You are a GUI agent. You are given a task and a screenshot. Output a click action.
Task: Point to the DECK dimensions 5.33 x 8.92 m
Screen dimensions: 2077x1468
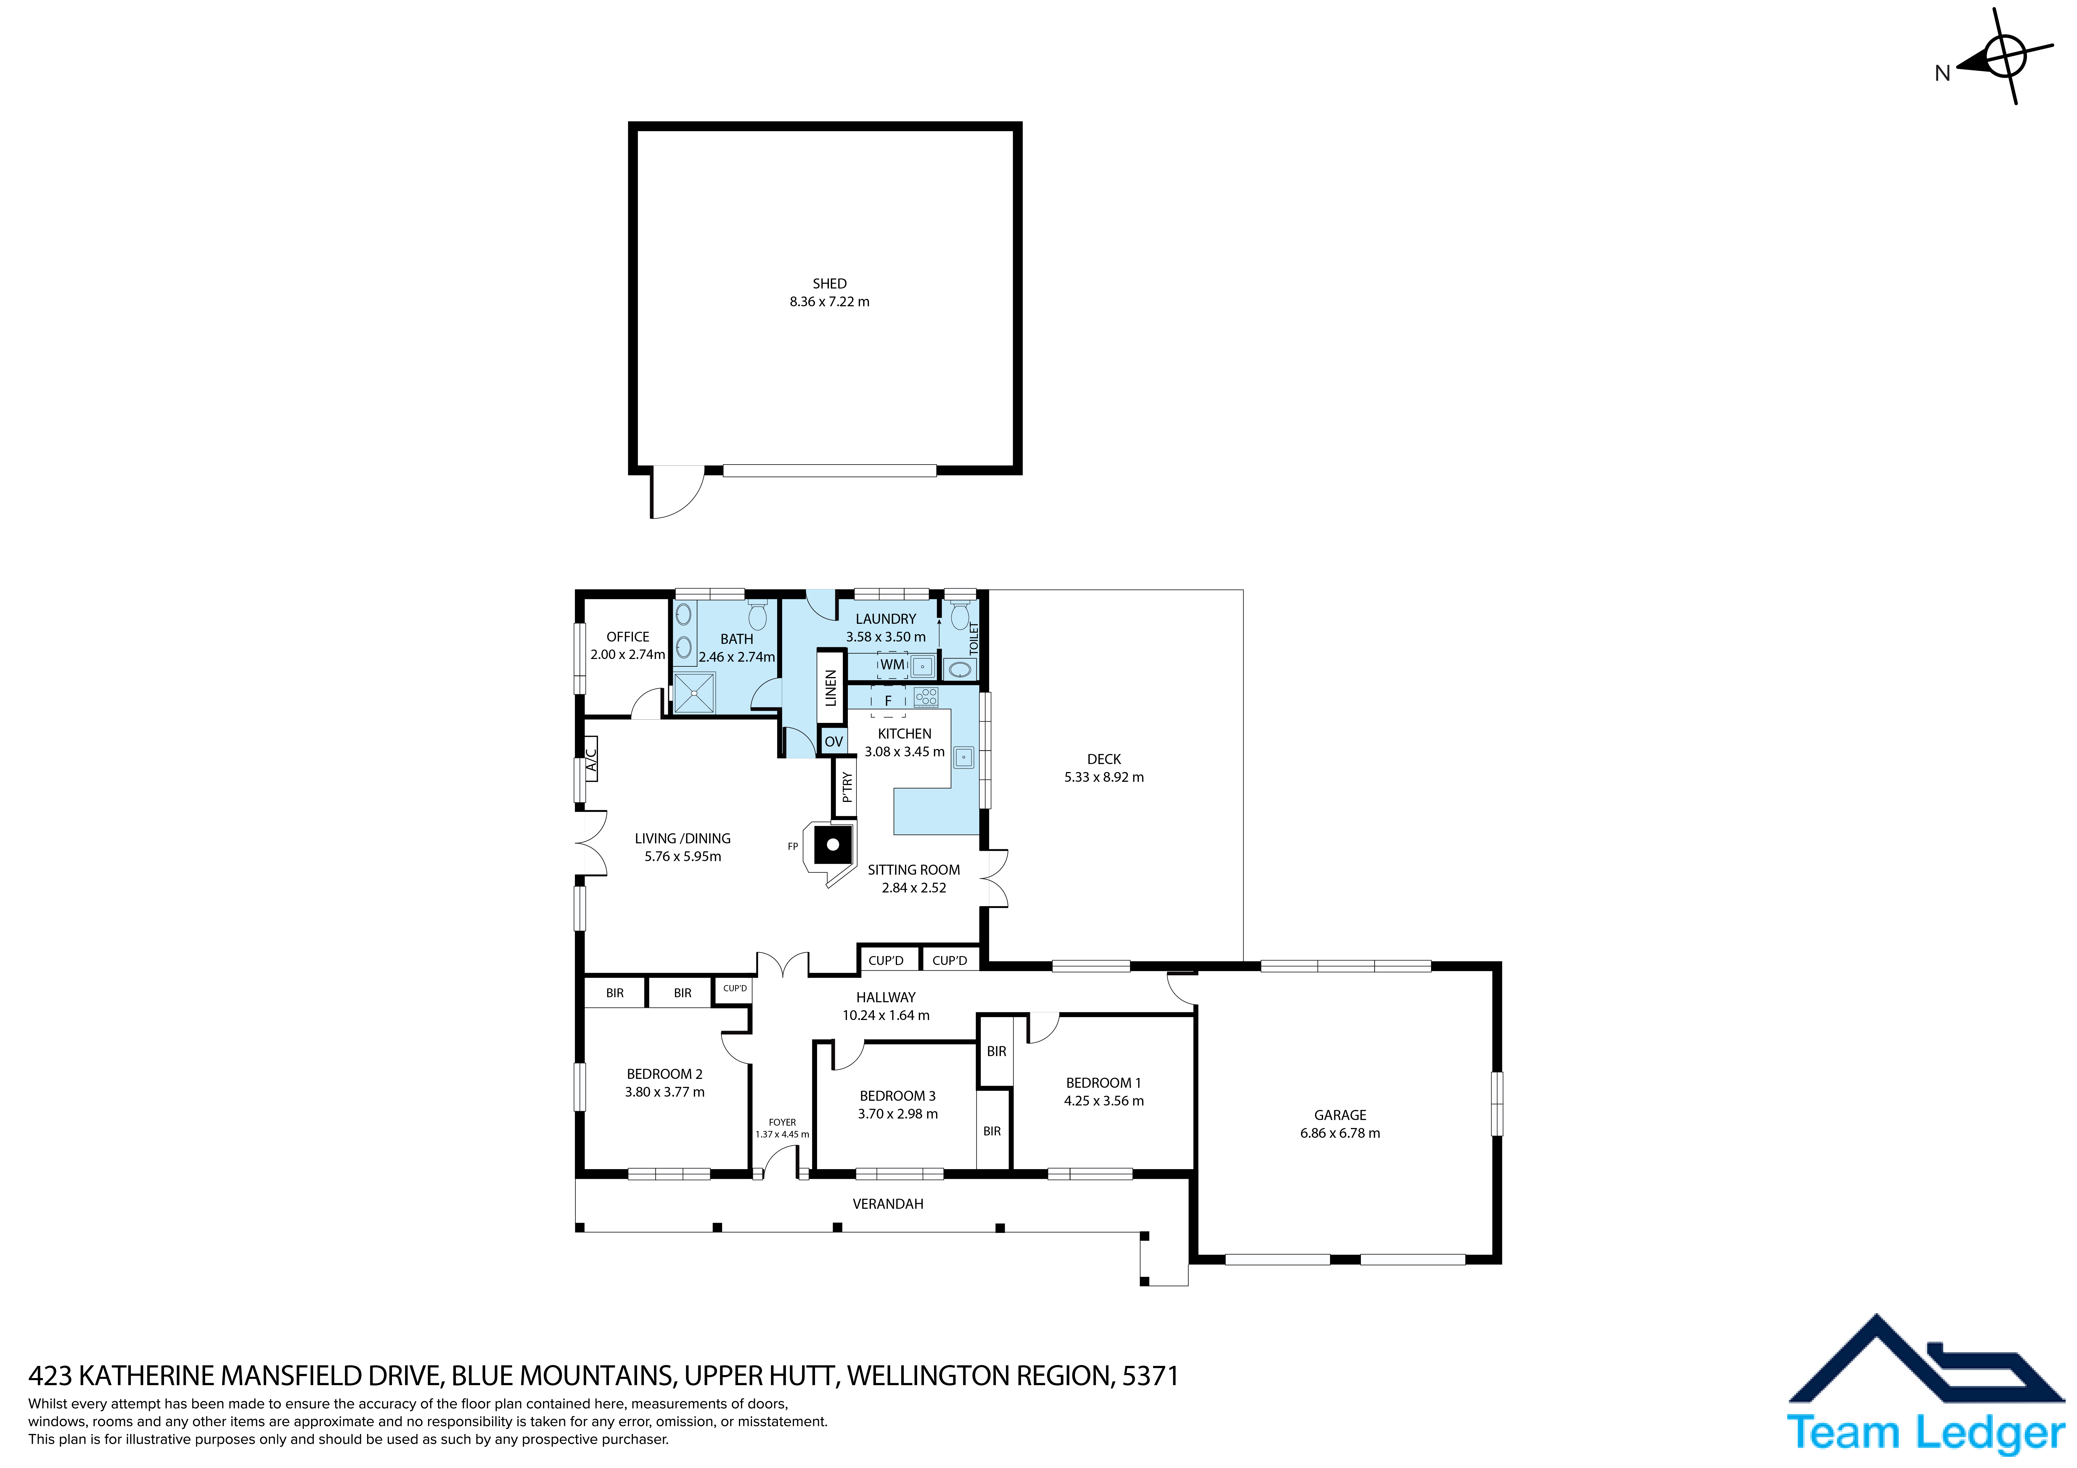click(x=1104, y=777)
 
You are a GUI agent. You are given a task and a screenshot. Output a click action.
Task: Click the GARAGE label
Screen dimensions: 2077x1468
click(x=1340, y=1115)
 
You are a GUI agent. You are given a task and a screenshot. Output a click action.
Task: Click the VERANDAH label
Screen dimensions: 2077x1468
click(x=888, y=1204)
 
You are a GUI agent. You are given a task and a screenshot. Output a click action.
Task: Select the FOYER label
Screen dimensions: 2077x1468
click(x=782, y=1122)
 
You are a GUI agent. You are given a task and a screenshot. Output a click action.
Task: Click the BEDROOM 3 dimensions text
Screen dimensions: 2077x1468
click(x=897, y=1114)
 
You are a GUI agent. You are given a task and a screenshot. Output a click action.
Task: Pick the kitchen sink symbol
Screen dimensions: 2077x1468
click(x=963, y=757)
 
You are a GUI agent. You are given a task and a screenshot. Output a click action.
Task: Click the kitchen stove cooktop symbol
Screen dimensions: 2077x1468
click(x=925, y=697)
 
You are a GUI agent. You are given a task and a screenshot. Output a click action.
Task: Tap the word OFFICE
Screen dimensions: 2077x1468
click(x=628, y=637)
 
